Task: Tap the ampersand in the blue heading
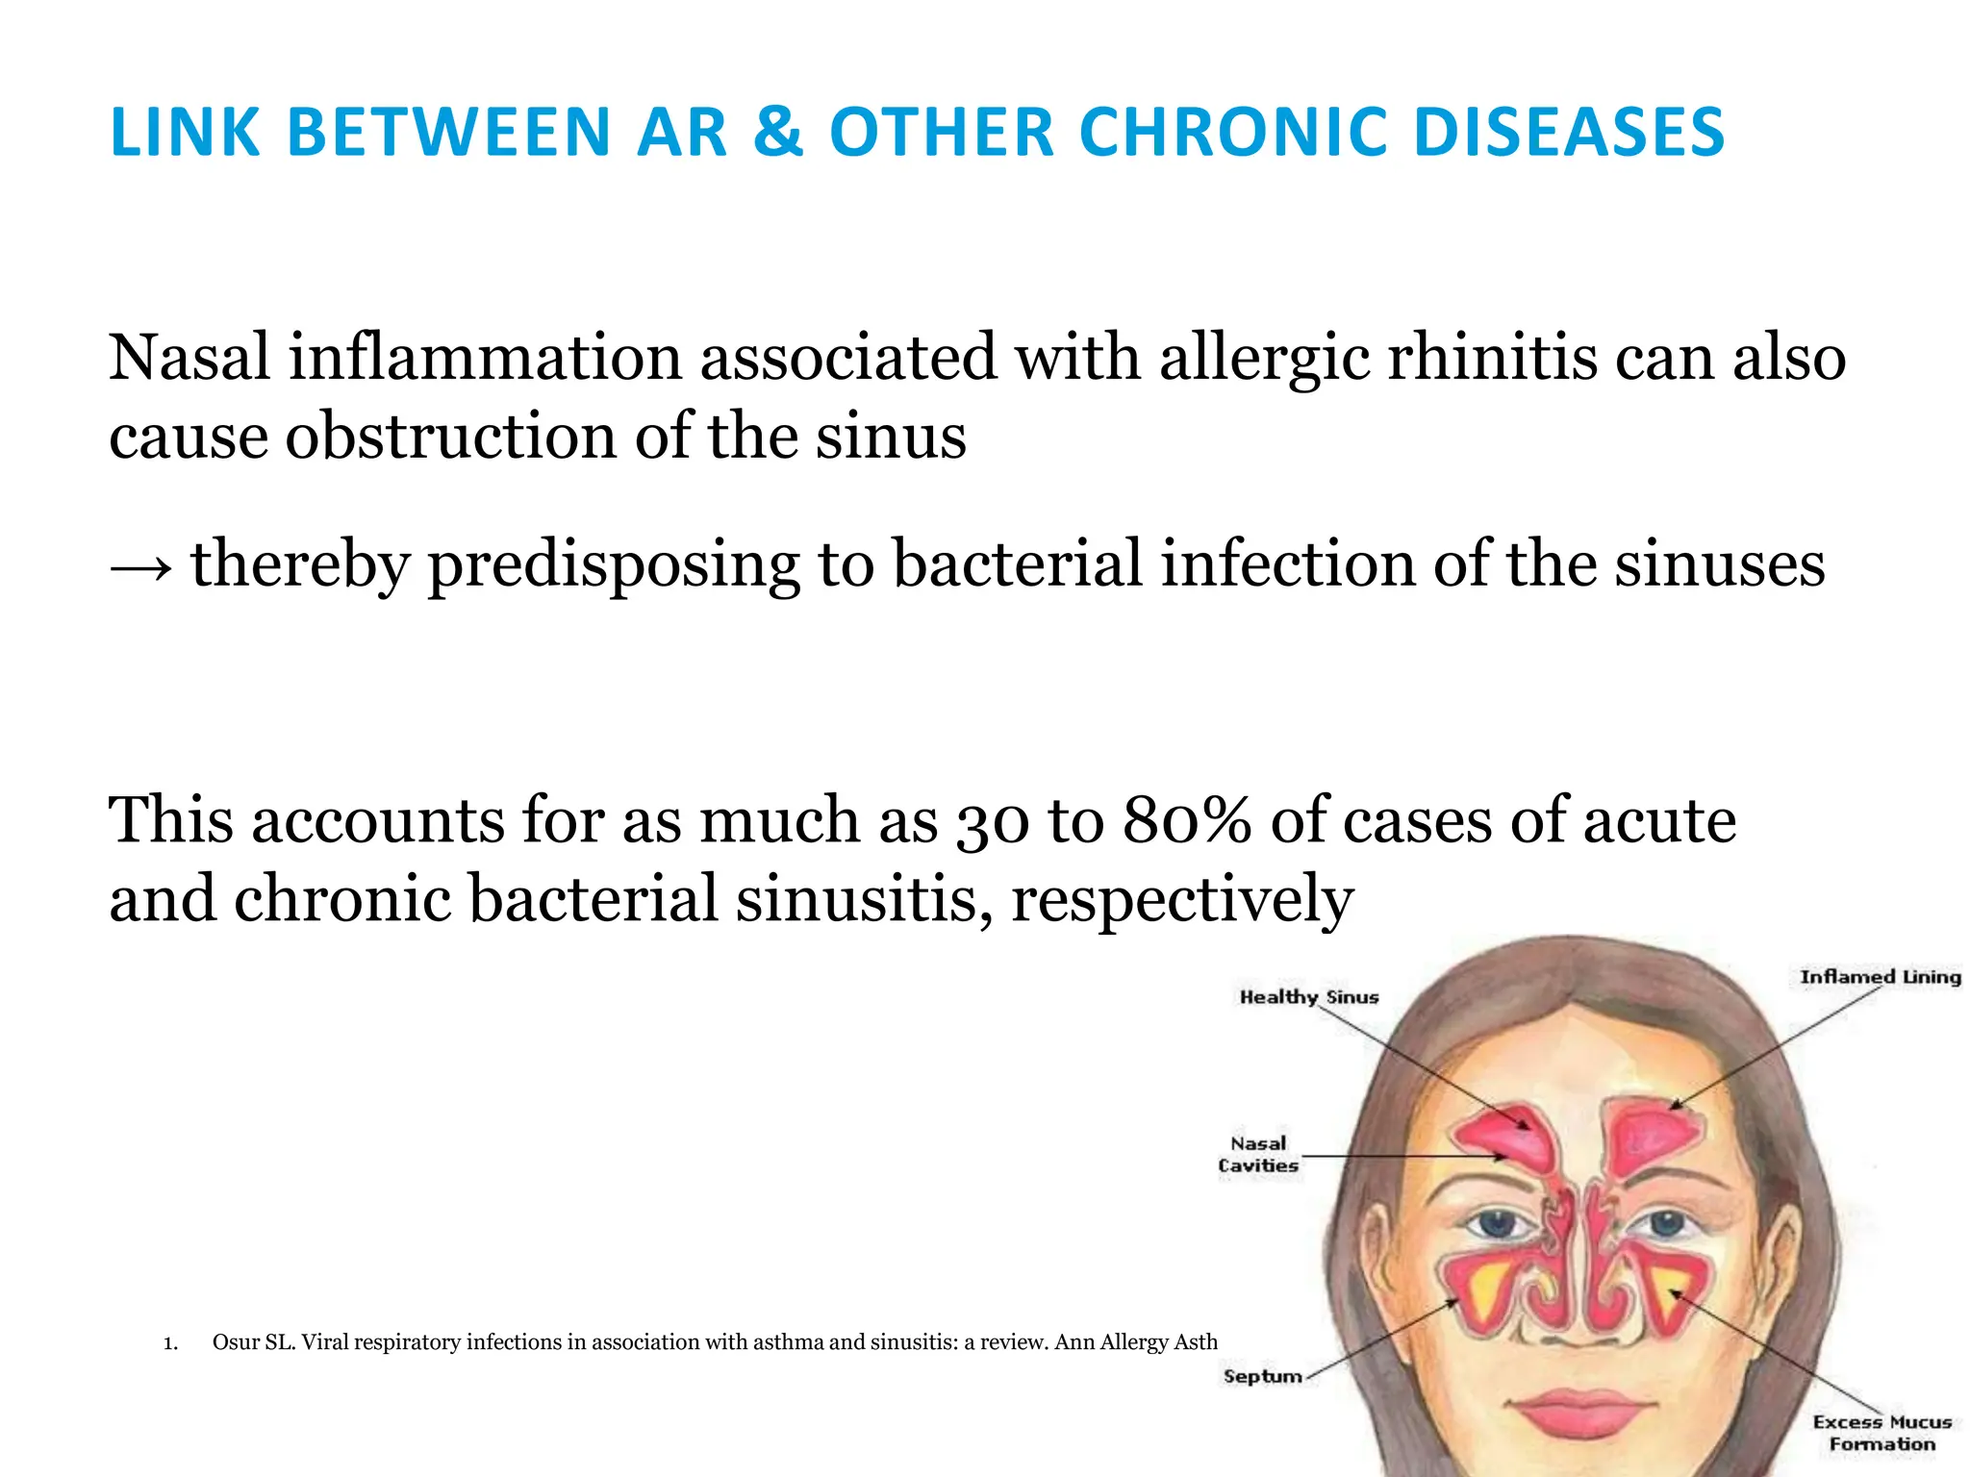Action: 778,132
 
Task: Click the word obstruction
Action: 451,438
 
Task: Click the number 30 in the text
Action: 992,823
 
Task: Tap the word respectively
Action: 1181,901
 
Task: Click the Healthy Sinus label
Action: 1308,997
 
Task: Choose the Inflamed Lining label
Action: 1880,977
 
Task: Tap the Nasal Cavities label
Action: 1258,1154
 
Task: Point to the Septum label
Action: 1262,1376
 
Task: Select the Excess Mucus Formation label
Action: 1882,1433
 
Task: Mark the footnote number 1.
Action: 170,1343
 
